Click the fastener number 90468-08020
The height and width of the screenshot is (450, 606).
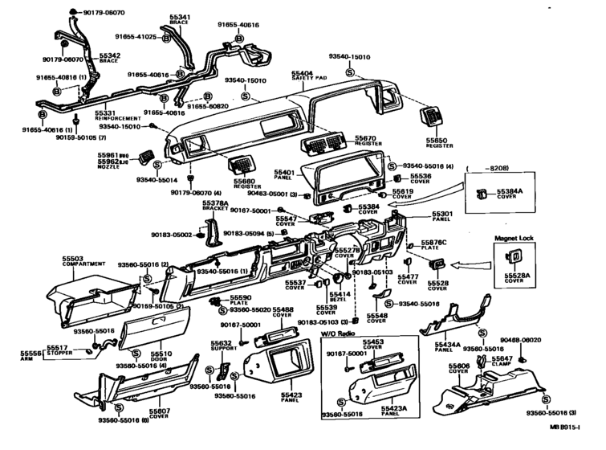coord(542,341)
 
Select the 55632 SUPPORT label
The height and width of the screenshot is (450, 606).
coord(222,346)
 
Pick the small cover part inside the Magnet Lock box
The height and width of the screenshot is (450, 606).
coord(511,257)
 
